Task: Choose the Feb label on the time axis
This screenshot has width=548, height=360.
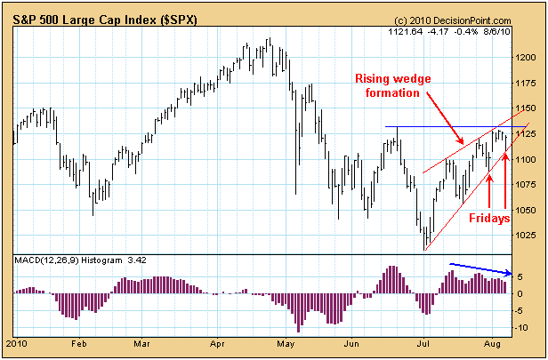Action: pos(78,341)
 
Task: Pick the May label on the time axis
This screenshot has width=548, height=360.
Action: pos(285,341)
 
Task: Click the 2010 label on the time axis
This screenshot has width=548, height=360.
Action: pos(16,341)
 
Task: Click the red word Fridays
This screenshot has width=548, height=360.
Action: pos(488,216)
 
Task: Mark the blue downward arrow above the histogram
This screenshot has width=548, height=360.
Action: pos(480,268)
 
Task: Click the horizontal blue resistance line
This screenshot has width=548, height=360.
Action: pos(445,127)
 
